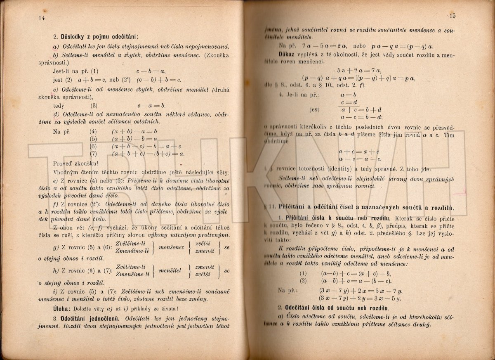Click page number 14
(x=40, y=18)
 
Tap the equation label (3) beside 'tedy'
(x=94, y=105)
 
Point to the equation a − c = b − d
(x=359, y=117)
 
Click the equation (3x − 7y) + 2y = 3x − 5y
(x=361, y=298)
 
